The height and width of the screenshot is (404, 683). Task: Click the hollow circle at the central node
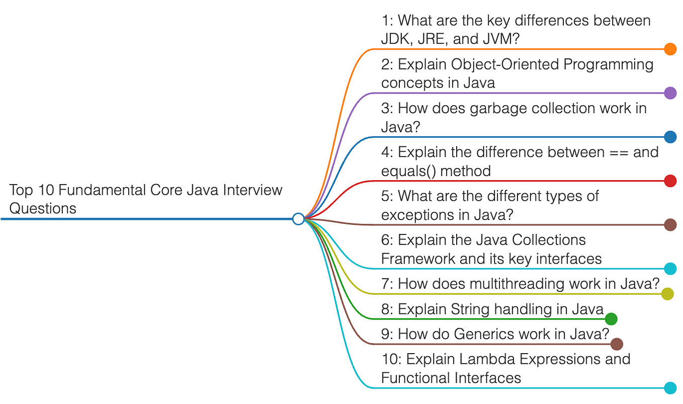point(298,219)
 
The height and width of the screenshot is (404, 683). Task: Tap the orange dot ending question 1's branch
point(670,49)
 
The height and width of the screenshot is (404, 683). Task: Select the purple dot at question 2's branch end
point(670,93)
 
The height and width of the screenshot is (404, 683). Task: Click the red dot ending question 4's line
point(670,181)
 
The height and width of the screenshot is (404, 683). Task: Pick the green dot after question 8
point(611,318)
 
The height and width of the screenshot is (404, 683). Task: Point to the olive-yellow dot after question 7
point(667,294)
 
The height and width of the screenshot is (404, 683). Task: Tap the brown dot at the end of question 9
point(617,344)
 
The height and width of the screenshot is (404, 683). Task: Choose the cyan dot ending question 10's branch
point(670,388)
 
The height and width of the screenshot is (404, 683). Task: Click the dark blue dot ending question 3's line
point(670,137)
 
